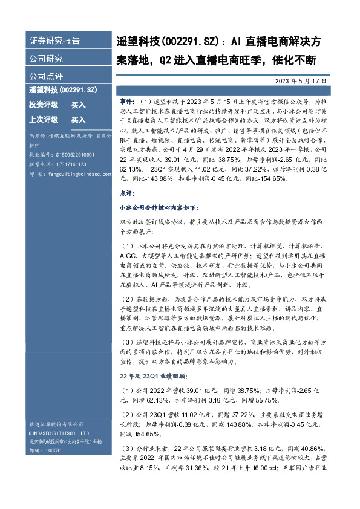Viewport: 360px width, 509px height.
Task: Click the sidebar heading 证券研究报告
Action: point(54,41)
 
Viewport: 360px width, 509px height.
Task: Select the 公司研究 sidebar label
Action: point(46,59)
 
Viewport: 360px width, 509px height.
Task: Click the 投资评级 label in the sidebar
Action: point(44,105)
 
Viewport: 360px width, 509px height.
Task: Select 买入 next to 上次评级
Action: point(79,119)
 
